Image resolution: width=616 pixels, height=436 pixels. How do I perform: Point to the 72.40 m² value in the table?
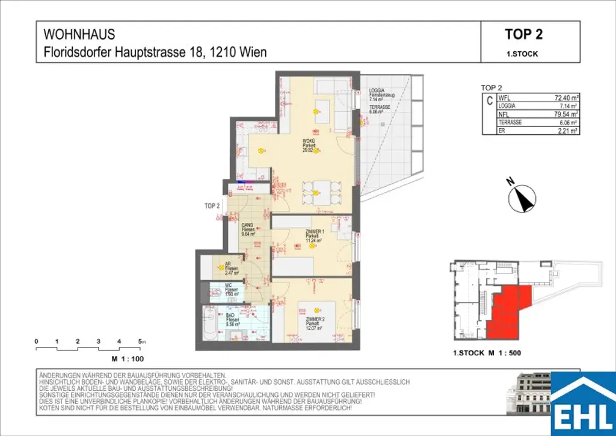coord(565,98)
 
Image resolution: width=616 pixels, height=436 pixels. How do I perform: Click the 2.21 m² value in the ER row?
coord(567,130)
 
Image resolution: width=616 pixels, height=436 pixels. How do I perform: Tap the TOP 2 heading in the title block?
coord(523,34)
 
